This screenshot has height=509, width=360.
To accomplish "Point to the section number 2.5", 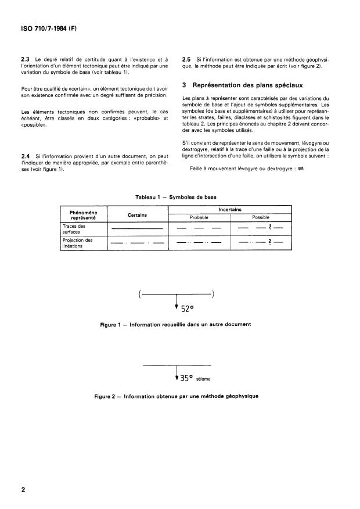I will pos(187,59).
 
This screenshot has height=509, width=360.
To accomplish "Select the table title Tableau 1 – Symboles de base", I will pos(180,198).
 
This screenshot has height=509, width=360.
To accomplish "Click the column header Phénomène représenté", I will pos(82,215).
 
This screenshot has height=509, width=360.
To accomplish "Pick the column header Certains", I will pos(137,215).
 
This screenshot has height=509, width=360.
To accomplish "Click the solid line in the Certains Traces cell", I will pos(137,229).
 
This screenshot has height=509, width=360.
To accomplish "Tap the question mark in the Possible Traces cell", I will pos(270,228).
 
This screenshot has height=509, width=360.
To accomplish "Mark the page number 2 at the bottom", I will pos(24,490).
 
